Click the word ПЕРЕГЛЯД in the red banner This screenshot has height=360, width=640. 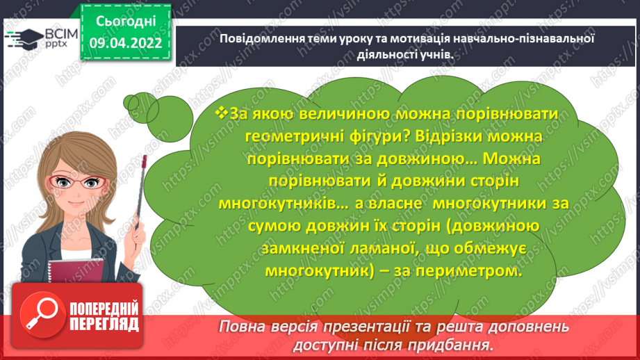(x=104, y=325)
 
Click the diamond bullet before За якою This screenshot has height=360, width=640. (x=222, y=112)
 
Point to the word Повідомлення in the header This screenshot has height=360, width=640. (x=256, y=39)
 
